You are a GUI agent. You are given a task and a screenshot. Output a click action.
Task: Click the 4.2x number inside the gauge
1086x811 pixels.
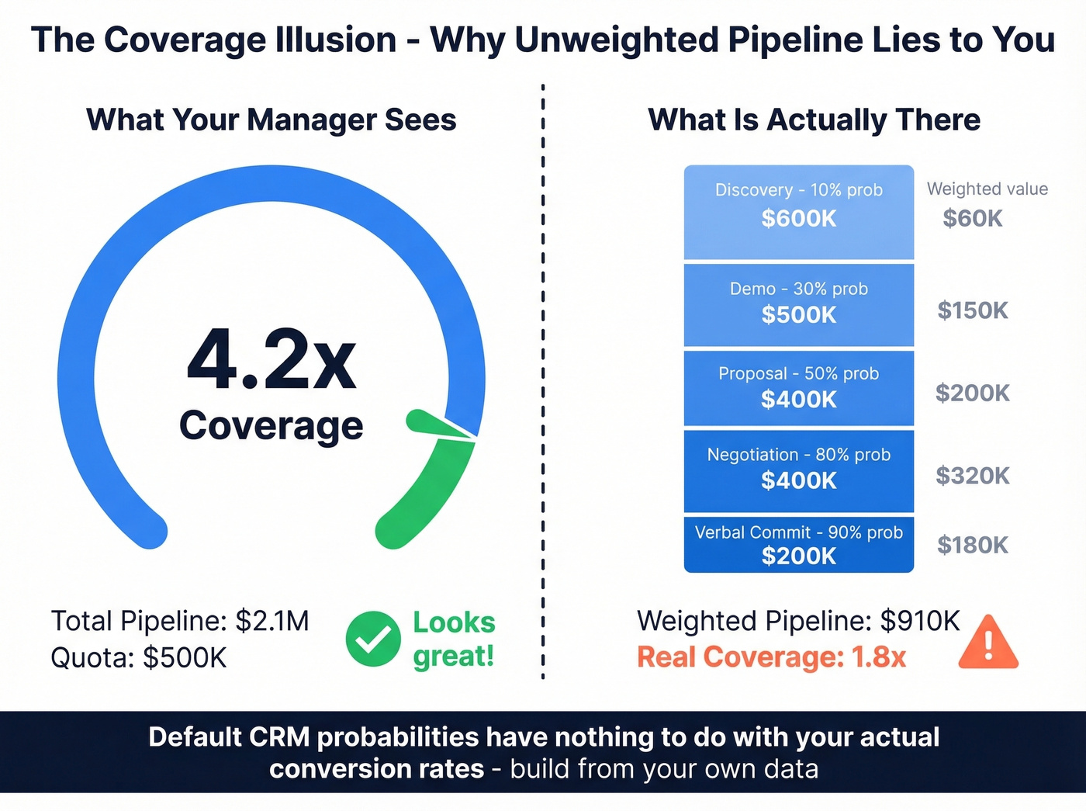(271, 360)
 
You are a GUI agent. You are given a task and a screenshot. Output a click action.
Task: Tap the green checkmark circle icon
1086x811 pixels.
(373, 639)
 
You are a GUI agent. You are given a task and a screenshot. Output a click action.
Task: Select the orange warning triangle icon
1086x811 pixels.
(987, 643)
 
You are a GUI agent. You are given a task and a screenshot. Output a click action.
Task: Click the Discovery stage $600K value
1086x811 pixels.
(798, 219)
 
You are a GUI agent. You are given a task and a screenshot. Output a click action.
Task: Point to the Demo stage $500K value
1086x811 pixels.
(798, 315)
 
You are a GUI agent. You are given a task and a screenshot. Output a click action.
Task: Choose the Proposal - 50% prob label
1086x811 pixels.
(798, 373)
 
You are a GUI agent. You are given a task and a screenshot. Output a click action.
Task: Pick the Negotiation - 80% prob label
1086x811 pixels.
(798, 455)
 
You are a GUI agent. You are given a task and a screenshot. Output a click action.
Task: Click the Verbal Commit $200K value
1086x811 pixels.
(798, 556)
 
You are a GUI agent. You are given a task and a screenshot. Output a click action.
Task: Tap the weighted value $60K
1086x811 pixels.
(972, 219)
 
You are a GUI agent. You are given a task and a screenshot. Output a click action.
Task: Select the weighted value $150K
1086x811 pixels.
(972, 310)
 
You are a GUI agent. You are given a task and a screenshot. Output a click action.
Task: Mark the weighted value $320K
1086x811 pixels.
(972, 475)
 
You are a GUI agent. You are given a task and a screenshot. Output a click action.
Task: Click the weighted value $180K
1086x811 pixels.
(972, 545)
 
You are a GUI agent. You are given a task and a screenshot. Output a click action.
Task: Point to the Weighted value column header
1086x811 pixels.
(987, 189)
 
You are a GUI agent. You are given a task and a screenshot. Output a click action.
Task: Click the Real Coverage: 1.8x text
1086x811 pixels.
(771, 657)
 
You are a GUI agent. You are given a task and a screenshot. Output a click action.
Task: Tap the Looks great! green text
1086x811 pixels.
(454, 639)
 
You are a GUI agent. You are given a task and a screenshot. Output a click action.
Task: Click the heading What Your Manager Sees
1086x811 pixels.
(271, 120)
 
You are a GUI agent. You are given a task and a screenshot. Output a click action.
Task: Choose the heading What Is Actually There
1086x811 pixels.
(814, 120)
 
